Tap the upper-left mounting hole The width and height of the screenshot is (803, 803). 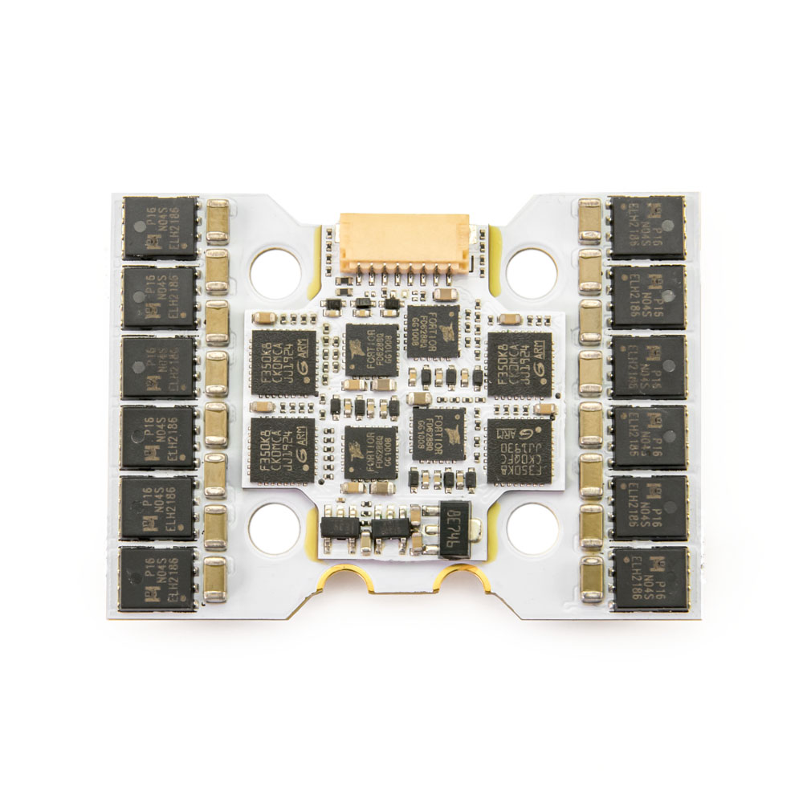[x=275, y=271]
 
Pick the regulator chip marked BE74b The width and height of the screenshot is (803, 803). [x=454, y=531]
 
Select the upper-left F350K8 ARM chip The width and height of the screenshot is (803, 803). [x=283, y=362]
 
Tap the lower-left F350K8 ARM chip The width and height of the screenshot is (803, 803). [x=283, y=450]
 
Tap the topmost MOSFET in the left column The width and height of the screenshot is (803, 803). [x=160, y=228]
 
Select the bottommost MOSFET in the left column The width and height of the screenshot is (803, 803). [x=158, y=578]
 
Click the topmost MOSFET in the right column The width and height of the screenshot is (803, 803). [x=647, y=228]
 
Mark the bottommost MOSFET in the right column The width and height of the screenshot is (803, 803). [x=649, y=579]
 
